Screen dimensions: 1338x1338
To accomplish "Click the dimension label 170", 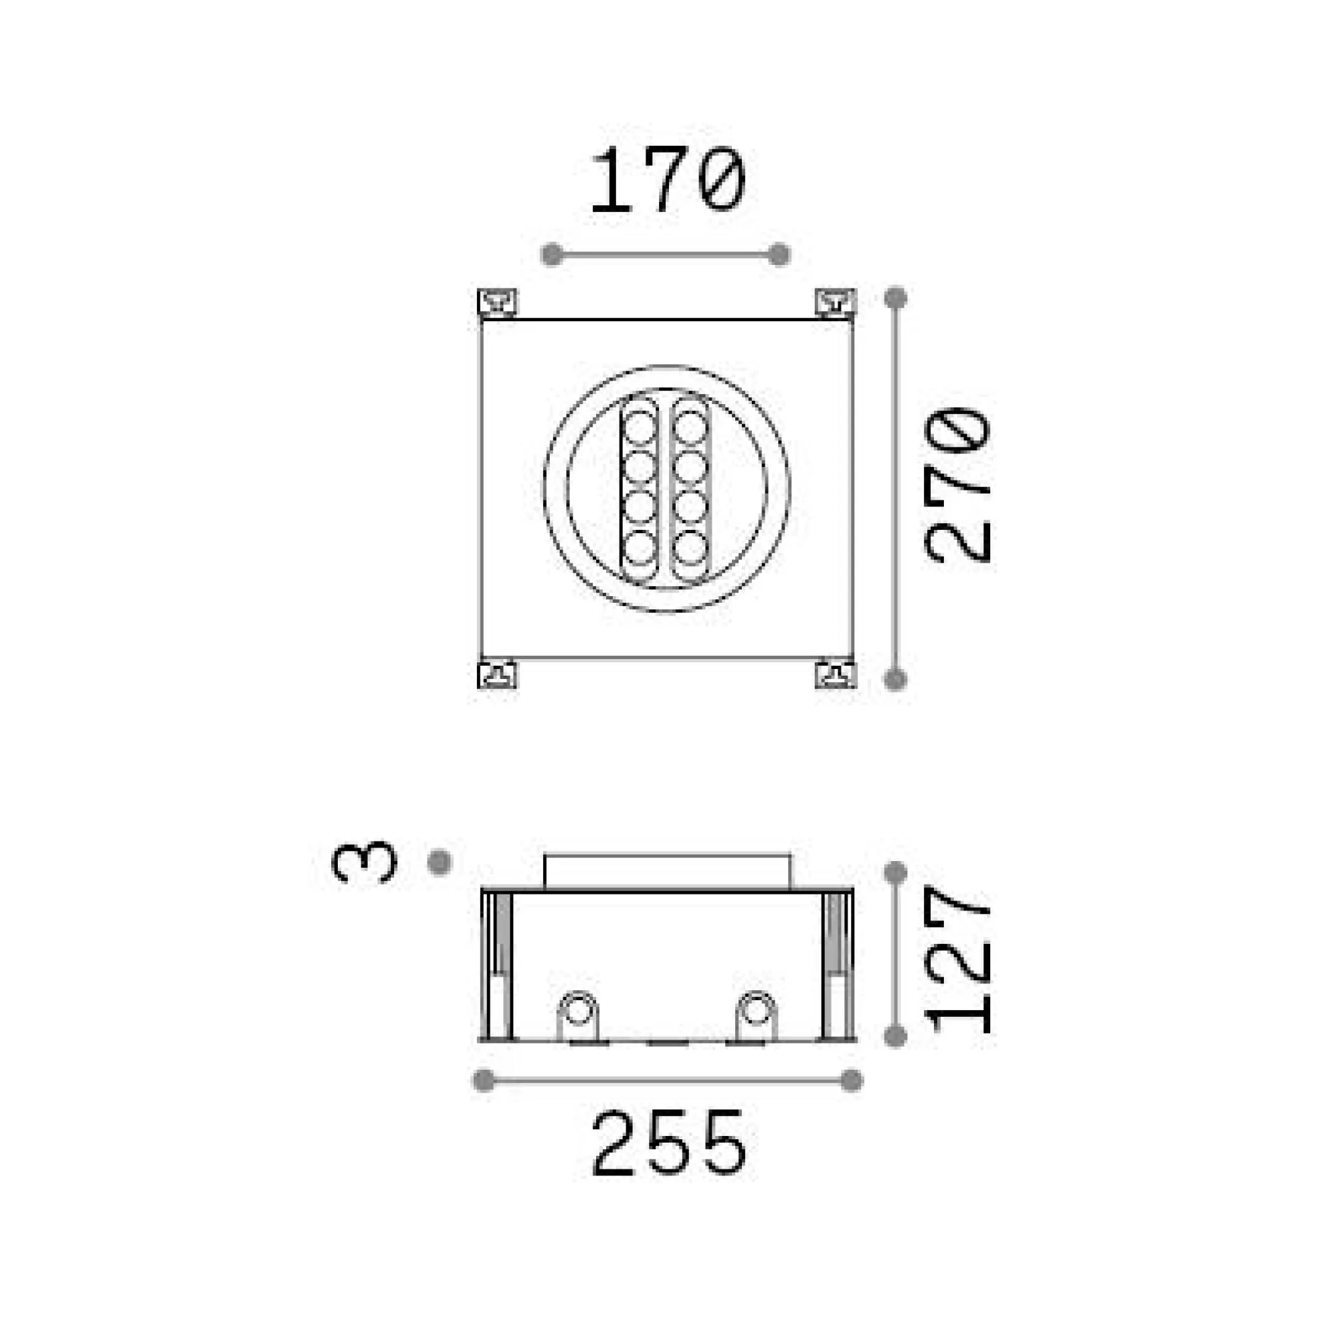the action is [668, 179].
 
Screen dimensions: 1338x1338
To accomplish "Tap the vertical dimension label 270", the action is [958, 486].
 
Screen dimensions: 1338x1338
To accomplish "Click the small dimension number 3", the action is [365, 863].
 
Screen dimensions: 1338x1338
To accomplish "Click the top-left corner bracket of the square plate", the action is [497, 302].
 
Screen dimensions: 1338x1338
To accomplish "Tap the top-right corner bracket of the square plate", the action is [836, 302].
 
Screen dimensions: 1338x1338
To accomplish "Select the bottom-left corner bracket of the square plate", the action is [497, 674].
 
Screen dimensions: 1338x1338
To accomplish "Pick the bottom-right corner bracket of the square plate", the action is [836, 674].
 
